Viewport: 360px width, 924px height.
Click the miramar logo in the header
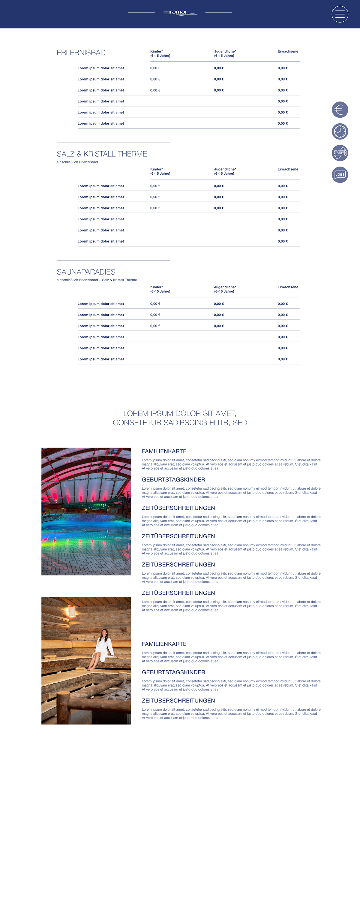pos(180,13)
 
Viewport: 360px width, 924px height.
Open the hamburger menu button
pos(340,14)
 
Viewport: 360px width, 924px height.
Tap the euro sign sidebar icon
pos(340,110)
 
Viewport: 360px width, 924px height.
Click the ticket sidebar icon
pos(340,153)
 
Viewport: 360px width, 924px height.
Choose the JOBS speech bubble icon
pos(340,175)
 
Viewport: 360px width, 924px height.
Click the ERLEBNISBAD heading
pos(81,53)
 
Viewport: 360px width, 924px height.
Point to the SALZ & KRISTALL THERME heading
pos(102,154)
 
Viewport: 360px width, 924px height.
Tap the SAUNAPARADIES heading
pos(86,272)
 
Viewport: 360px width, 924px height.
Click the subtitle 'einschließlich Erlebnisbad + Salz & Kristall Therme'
pos(97,280)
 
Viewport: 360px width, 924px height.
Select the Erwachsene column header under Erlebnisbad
pos(288,52)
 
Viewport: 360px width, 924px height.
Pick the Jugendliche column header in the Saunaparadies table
pos(225,289)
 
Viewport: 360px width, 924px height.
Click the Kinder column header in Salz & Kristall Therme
pos(160,171)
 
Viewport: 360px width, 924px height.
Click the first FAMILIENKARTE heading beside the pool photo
pos(164,451)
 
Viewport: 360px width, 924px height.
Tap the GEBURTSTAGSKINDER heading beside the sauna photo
pos(173,672)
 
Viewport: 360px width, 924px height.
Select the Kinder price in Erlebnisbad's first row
pos(155,68)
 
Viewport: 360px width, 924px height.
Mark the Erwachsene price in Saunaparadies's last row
pos(283,359)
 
